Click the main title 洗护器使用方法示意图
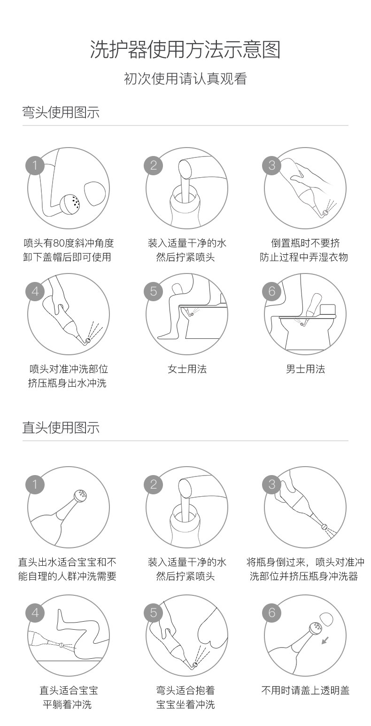coord(185,50)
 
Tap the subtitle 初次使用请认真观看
coord(185,79)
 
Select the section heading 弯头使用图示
coord(61,112)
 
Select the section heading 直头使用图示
coord(61,428)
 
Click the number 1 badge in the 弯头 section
coord(35,165)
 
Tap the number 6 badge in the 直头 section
coord(271,613)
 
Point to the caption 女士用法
coord(187,369)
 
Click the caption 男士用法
coord(305,369)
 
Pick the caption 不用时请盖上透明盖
coord(305,690)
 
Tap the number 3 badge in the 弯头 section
coord(271,165)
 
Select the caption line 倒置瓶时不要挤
coord(305,243)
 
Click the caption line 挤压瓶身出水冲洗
coord(67,383)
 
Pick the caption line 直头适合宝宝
coord(69,690)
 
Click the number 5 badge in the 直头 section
coord(153,613)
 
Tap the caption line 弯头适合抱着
coord(185,690)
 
